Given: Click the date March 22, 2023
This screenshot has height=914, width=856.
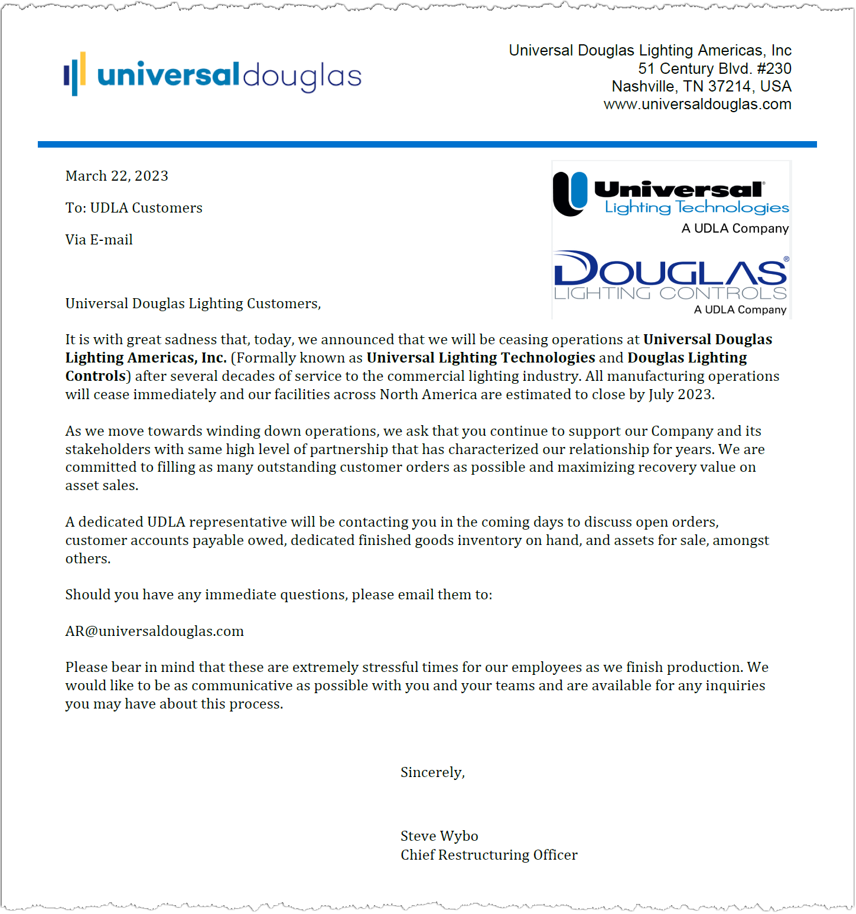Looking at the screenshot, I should pyautogui.click(x=116, y=176).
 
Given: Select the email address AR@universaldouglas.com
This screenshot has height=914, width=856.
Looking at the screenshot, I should pyautogui.click(x=154, y=631).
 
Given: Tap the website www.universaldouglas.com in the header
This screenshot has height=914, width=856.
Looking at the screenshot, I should pyautogui.click(x=697, y=105).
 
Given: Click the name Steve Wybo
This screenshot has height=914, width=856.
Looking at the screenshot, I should pyautogui.click(x=439, y=836).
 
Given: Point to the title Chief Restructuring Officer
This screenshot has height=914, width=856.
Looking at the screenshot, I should pyautogui.click(x=489, y=855).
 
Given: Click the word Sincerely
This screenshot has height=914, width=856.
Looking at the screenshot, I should pyautogui.click(x=432, y=772).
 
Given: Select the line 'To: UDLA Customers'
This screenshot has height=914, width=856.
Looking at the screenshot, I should pyautogui.click(x=134, y=208).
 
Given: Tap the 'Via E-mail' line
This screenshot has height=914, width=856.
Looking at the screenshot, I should pyautogui.click(x=99, y=240).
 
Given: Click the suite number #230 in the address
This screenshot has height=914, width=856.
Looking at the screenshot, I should pyautogui.click(x=774, y=68).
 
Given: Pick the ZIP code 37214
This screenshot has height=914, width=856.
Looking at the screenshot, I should pyautogui.click(x=730, y=87).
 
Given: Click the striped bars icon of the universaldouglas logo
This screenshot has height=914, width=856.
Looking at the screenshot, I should pyautogui.click(x=75, y=74).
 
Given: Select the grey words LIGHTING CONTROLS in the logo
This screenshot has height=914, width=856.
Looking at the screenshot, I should pyautogui.click(x=671, y=293).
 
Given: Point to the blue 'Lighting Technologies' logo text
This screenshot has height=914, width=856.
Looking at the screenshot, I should pyautogui.click(x=696, y=208).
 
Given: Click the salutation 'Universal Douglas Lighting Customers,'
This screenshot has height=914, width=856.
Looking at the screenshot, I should pyautogui.click(x=193, y=303).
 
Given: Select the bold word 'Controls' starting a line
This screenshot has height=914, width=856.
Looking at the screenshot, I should pyautogui.click(x=95, y=376).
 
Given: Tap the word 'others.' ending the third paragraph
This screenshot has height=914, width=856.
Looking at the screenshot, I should pyautogui.click(x=88, y=559).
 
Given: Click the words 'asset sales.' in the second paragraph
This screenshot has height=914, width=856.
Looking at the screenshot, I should pyautogui.click(x=102, y=485).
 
